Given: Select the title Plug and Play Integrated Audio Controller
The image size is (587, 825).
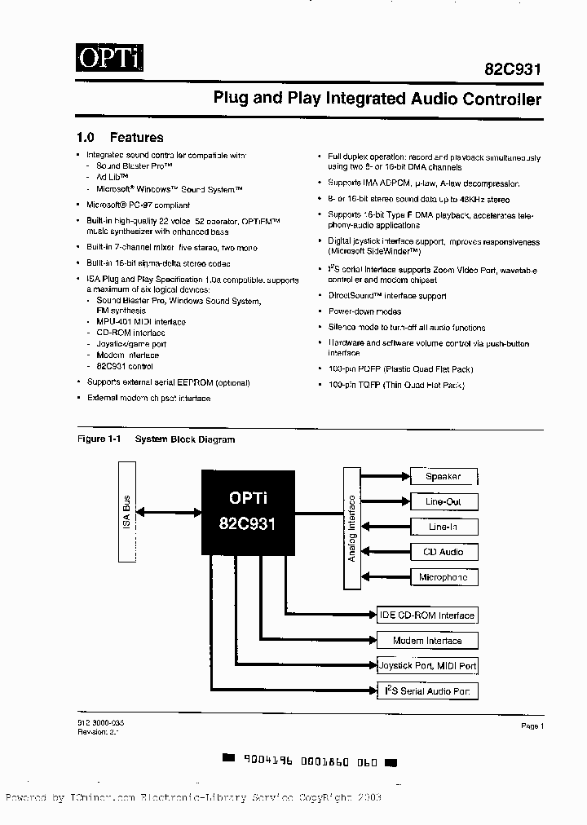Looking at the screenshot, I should [377, 99].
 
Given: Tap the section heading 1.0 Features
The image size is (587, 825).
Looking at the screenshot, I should [120, 138].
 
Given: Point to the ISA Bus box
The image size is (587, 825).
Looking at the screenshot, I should [128, 511].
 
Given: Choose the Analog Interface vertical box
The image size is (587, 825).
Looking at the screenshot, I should [351, 527].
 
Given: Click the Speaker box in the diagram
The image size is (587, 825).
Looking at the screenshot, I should [443, 477].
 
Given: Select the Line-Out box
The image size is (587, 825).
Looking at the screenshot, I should [443, 502].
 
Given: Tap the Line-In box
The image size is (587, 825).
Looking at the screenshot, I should [443, 527].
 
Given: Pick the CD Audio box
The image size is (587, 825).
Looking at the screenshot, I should [443, 553].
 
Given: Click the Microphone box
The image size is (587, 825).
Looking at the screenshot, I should [443, 578].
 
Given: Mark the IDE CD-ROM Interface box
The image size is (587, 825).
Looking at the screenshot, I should [426, 615].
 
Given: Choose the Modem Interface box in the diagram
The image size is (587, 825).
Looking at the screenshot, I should [426, 641].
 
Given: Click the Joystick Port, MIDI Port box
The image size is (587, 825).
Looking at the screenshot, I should [426, 666].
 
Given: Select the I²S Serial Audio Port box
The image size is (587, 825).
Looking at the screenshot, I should [426, 691].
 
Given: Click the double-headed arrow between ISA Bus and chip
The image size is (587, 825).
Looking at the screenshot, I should [170, 512].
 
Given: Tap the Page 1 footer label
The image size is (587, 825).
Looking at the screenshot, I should [532, 726].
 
